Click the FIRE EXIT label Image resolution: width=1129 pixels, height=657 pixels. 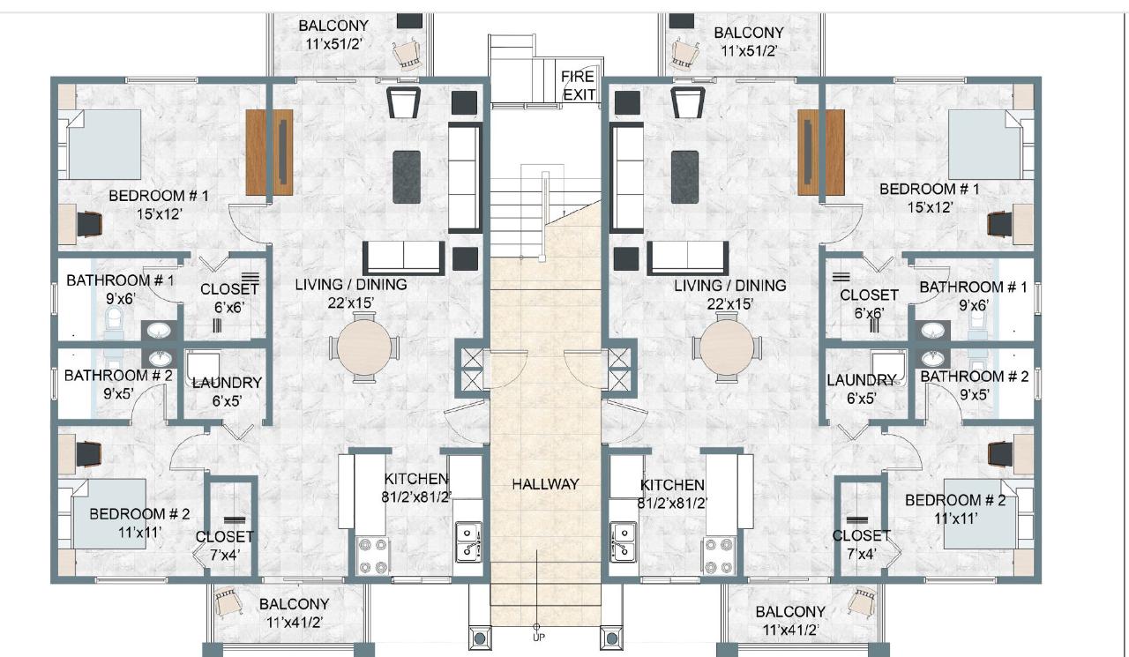578,86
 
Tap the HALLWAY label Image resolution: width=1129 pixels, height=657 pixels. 545,484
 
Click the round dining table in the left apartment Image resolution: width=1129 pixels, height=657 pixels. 363,346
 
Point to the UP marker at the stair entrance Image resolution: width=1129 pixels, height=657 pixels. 536,637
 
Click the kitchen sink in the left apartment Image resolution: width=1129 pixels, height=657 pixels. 467,541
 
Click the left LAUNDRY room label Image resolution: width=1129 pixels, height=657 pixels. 227,383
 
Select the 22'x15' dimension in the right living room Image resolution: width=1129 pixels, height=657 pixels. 729,302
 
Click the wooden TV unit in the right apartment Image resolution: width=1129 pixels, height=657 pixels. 810,152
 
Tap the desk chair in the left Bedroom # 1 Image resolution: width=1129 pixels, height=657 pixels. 91,224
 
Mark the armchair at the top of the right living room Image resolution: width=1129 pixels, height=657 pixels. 686,102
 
